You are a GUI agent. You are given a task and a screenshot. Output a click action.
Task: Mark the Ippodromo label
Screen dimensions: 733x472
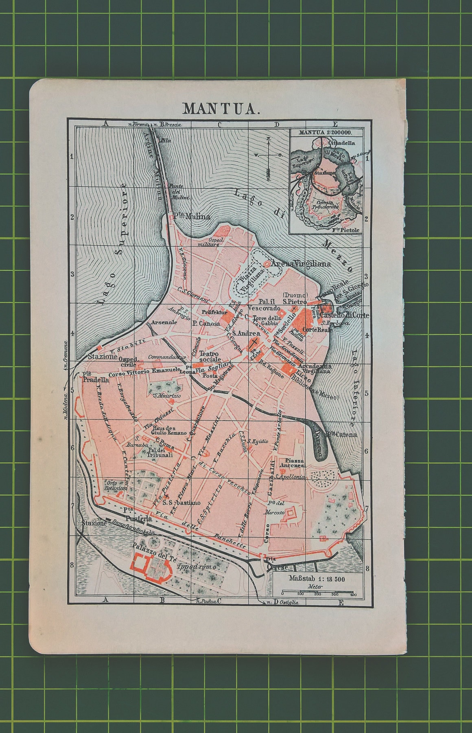pyautogui.click(x=197, y=567)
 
